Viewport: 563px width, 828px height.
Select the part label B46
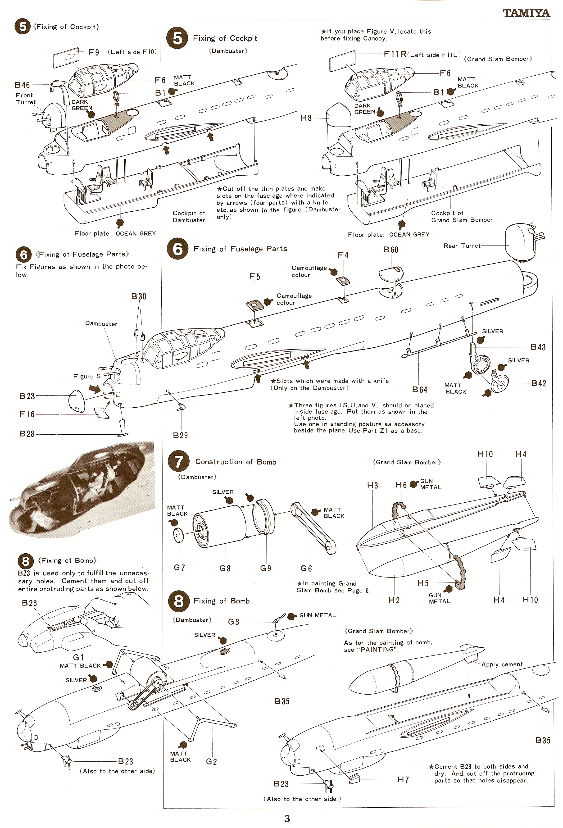point(22,85)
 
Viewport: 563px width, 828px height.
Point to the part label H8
point(306,118)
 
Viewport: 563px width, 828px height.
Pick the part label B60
point(391,250)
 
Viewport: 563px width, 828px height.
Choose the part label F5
point(255,277)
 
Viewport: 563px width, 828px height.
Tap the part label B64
point(420,389)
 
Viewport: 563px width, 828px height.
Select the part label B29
point(180,435)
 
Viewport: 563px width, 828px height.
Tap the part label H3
point(372,485)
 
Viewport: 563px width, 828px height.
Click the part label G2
point(211,761)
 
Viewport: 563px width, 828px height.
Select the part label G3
point(233,622)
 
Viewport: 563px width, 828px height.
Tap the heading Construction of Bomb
point(236,462)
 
